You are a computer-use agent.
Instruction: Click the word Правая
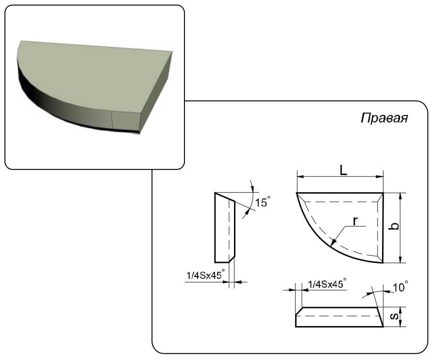click(x=384, y=118)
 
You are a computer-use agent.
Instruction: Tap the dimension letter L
click(x=343, y=170)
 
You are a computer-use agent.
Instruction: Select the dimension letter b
click(x=395, y=226)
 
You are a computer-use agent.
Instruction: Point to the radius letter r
click(x=355, y=221)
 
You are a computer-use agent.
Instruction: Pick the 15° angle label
click(x=262, y=202)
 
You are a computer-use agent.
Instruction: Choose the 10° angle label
click(x=400, y=287)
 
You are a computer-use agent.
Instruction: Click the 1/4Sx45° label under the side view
click(x=205, y=275)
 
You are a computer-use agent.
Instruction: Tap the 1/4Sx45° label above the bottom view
click(x=327, y=283)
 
